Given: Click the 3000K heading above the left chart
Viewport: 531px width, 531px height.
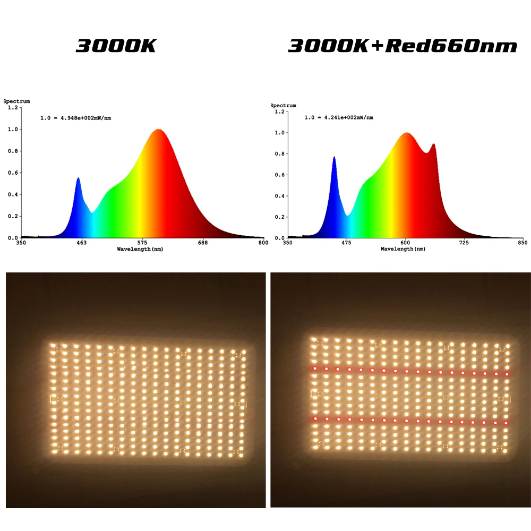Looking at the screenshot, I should [116, 46].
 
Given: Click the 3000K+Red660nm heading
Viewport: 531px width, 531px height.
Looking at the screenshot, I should [402, 46].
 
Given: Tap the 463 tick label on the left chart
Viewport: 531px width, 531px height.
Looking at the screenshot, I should [81, 243].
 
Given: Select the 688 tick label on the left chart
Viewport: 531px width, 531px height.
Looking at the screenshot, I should [203, 243].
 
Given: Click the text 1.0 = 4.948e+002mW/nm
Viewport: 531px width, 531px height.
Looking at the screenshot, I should [76, 118].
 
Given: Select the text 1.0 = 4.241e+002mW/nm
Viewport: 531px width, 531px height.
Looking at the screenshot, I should [338, 117].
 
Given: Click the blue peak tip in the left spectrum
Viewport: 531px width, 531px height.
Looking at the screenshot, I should [78, 178].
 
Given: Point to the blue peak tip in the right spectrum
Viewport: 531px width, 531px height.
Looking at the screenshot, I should [334, 157].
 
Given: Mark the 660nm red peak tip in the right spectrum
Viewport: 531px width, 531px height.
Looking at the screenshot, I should [433, 144].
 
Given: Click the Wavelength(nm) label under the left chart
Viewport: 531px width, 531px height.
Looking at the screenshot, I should [140, 249].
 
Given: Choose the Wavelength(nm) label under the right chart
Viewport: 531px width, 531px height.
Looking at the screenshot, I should [403, 249].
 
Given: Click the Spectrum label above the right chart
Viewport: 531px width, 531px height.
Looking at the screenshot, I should [284, 105].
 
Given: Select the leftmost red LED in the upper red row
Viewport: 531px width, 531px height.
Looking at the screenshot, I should [315, 367].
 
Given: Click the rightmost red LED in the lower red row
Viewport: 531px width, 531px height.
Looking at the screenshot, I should [507, 423].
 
